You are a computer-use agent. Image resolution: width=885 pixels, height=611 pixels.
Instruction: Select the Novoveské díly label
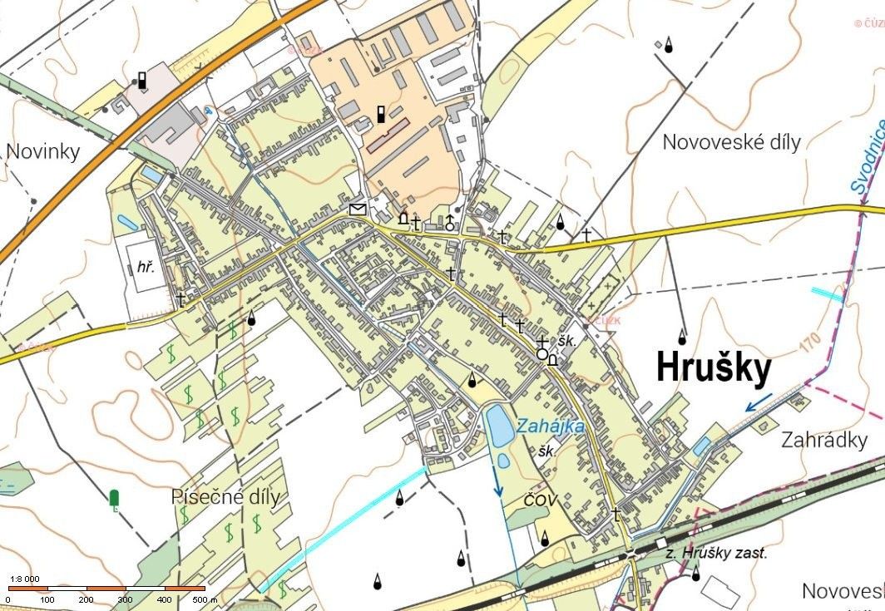pos(731,142)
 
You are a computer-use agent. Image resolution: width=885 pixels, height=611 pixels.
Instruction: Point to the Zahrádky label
pos(823,440)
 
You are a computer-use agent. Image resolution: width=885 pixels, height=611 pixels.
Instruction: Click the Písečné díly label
pos(225,497)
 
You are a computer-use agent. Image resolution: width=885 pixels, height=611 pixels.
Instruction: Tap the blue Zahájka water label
pos(550,426)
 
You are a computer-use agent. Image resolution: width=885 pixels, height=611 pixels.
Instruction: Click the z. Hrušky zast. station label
pos(716,553)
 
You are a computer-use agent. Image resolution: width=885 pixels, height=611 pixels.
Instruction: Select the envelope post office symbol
pos(358,209)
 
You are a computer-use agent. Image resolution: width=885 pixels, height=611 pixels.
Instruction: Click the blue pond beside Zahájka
pos(499,424)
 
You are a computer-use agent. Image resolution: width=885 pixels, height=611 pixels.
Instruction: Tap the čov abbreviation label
pos(539,500)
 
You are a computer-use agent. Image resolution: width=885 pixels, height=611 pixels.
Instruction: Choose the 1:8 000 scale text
pos(24,579)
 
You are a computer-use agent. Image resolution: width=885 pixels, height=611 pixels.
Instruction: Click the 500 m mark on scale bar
pos(202,599)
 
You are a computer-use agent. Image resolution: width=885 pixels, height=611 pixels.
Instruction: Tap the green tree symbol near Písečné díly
pos(114,499)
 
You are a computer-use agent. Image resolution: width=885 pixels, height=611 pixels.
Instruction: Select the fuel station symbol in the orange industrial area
pos(381,114)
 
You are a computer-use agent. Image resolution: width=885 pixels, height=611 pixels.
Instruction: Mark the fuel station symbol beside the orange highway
pos(142,81)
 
